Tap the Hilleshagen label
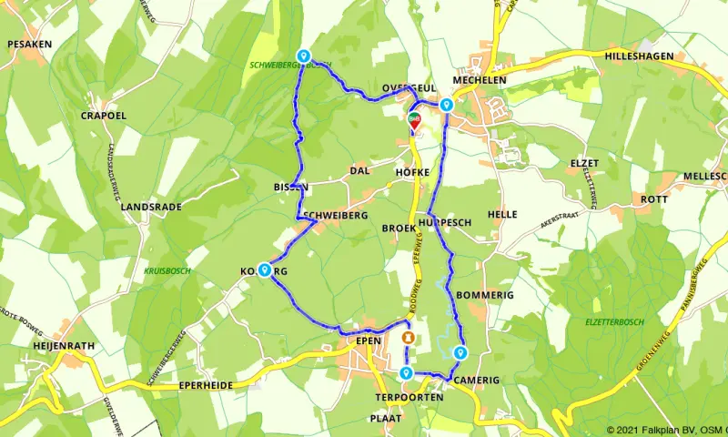coord(638,56)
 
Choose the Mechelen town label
coord(480,79)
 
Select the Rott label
coord(654,199)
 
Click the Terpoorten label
coord(409,398)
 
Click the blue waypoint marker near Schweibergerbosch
coord(303,56)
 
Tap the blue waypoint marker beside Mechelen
coord(446,107)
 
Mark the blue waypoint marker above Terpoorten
coord(405,374)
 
